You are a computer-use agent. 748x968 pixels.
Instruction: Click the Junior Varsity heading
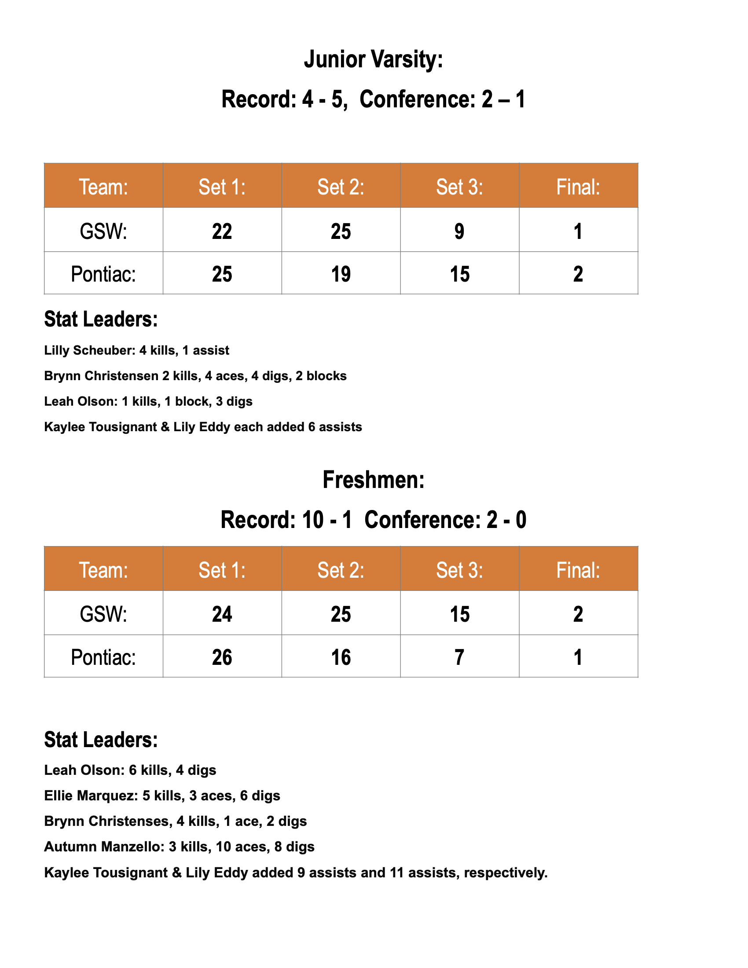373,60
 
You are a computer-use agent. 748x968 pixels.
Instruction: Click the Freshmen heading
373,480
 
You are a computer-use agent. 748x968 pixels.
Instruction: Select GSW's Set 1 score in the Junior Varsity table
222,231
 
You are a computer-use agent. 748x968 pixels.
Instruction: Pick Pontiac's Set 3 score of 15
459,274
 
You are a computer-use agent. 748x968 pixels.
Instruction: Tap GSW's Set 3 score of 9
459,231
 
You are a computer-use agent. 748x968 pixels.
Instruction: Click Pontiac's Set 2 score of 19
341,274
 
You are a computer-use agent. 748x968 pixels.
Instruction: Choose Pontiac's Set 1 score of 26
222,657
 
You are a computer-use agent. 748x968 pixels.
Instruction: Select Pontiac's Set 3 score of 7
459,657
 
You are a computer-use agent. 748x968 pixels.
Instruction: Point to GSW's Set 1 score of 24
222,614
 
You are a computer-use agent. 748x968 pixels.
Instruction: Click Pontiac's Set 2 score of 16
341,657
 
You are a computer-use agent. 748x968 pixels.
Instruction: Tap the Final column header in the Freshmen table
578,570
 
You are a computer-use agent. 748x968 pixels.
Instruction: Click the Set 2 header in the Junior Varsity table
341,187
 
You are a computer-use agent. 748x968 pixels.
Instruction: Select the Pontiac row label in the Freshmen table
103,657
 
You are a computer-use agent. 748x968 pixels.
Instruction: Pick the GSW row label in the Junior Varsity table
103,231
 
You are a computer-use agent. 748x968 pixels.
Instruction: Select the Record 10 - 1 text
286,520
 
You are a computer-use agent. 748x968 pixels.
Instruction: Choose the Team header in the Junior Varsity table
103,187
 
